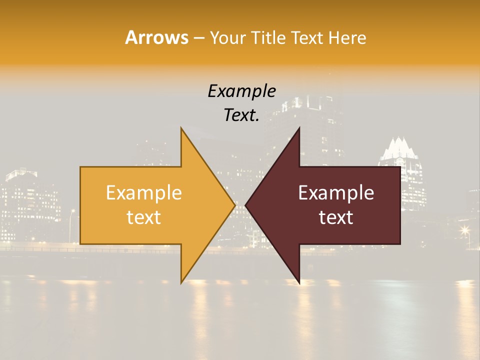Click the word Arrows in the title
point(156,37)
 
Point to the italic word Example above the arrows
point(241,91)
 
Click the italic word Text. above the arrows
point(241,115)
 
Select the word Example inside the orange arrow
point(144,193)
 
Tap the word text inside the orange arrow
point(144,217)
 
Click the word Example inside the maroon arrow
point(336,193)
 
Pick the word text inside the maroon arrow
point(336,217)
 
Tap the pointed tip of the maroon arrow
point(245,205)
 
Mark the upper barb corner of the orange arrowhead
point(181,128)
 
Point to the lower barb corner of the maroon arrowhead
point(299,283)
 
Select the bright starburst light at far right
point(465,230)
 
